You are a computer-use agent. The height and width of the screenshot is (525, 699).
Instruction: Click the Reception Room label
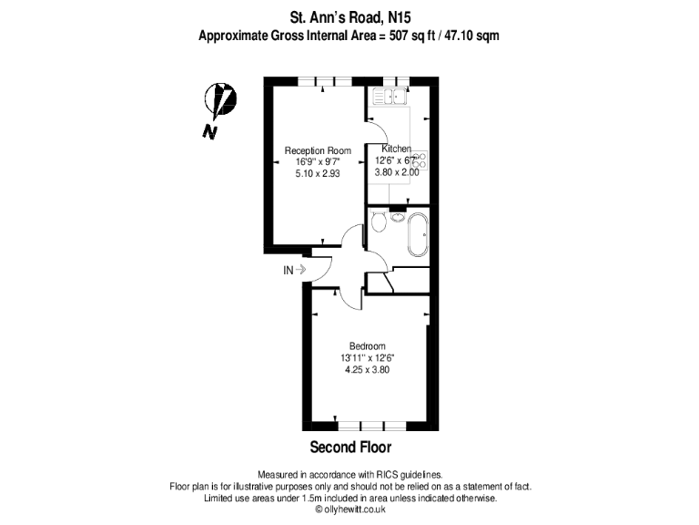pos(311,150)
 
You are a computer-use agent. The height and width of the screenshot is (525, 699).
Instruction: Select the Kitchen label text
pos(396,149)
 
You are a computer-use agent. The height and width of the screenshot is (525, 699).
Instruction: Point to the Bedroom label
pos(368,346)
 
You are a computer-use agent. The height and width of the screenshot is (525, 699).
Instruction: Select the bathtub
pos(419,232)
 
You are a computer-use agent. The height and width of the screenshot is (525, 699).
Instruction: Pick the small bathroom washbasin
pos(398,216)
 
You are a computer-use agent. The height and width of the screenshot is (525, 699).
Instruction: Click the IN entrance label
pos(289,270)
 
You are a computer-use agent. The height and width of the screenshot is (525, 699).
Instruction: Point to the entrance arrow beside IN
pos(301,270)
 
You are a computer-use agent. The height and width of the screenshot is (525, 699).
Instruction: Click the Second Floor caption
pos(350,448)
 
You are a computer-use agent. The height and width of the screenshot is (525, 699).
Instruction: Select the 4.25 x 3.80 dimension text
pos(368,369)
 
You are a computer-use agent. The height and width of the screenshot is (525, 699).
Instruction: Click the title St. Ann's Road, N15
pos(349,15)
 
